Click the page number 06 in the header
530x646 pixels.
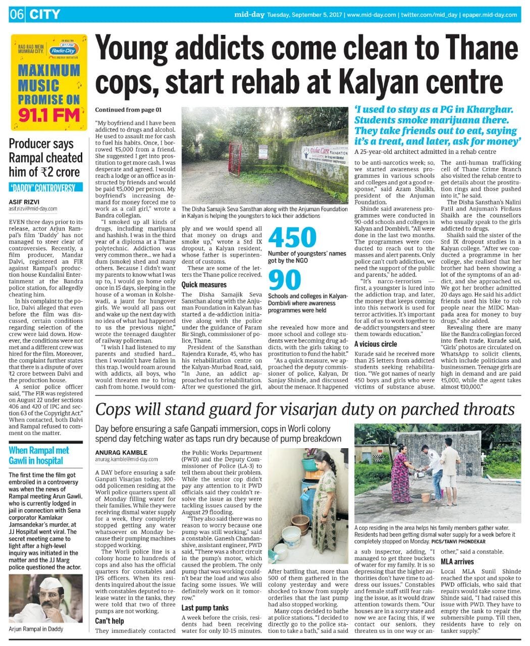(16, 14)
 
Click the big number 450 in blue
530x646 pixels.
(292, 238)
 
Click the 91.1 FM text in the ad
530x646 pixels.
(49, 115)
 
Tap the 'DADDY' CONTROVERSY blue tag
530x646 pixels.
(42, 188)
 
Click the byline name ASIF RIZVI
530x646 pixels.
(24, 200)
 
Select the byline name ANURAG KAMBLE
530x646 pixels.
(121, 452)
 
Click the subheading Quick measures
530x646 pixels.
(204, 285)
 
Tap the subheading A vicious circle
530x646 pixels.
(376, 344)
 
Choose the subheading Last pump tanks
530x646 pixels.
(205, 608)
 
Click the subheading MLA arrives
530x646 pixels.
(457, 561)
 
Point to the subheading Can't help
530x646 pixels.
(110, 621)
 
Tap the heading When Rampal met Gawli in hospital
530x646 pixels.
(39, 455)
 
